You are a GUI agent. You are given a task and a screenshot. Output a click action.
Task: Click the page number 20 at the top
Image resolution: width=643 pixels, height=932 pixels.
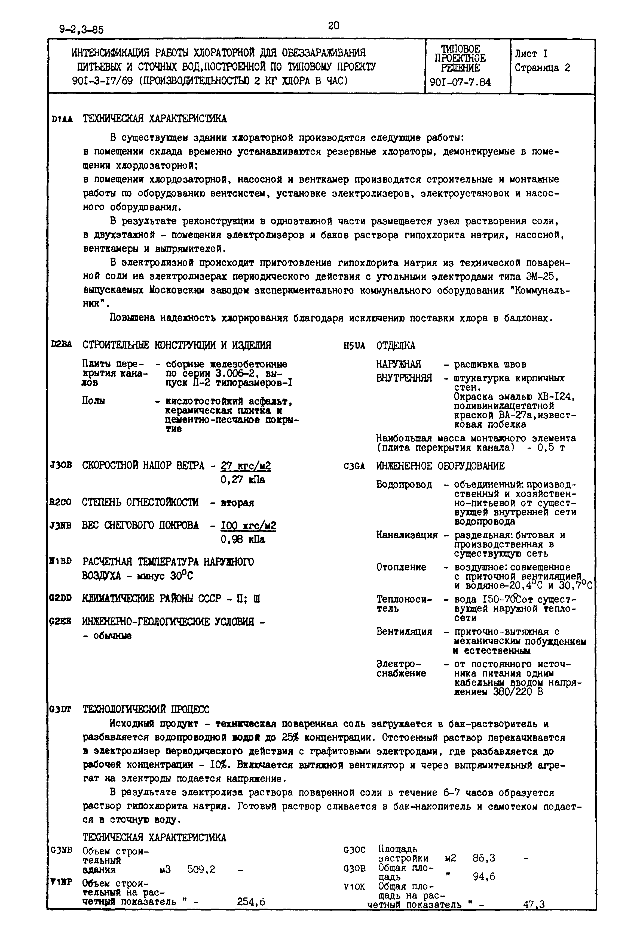pyautogui.click(x=333, y=26)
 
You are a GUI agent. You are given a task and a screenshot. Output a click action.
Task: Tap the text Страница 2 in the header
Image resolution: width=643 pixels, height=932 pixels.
pyautogui.click(x=542, y=68)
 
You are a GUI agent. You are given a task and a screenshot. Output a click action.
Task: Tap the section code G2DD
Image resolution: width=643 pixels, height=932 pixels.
pyautogui.click(x=60, y=598)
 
